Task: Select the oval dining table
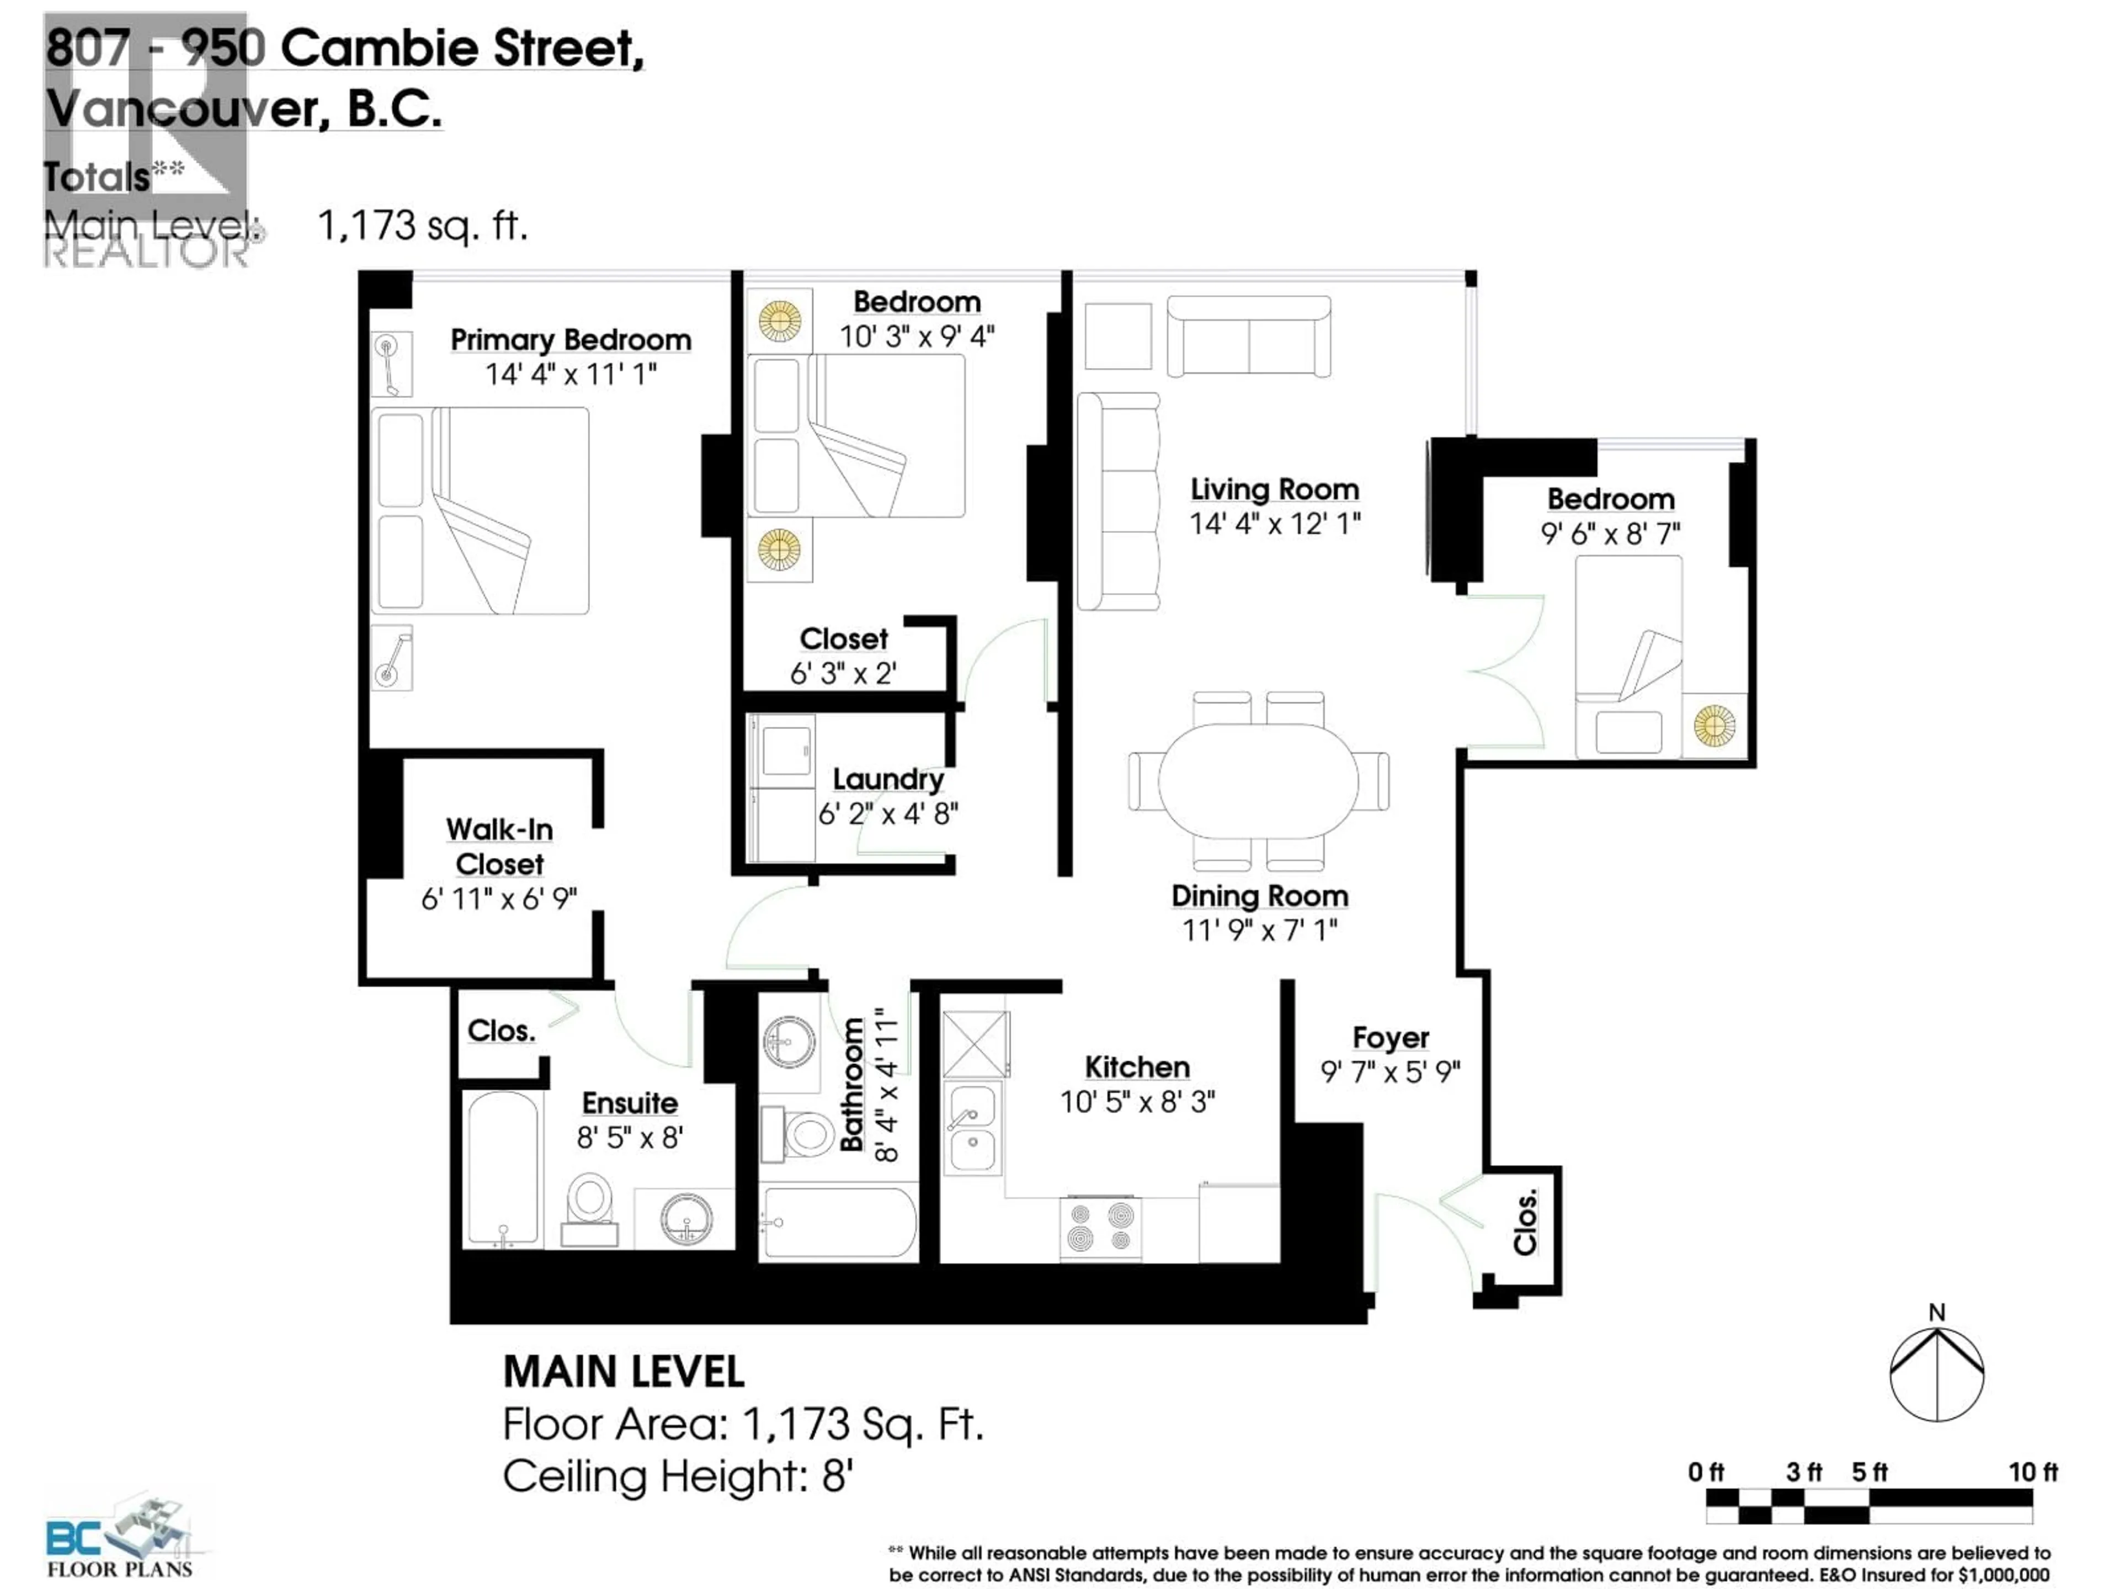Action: [x=1258, y=780]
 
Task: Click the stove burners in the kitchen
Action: [x=1101, y=1229]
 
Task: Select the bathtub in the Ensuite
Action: [x=502, y=1169]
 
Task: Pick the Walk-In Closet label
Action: [x=499, y=847]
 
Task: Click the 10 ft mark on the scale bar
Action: [x=2032, y=1472]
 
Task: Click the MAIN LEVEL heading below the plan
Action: [x=624, y=1372]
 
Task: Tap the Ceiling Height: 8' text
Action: [x=677, y=1476]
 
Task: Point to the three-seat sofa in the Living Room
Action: [x=1118, y=501]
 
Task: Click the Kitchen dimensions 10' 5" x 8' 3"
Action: [x=1137, y=1102]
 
